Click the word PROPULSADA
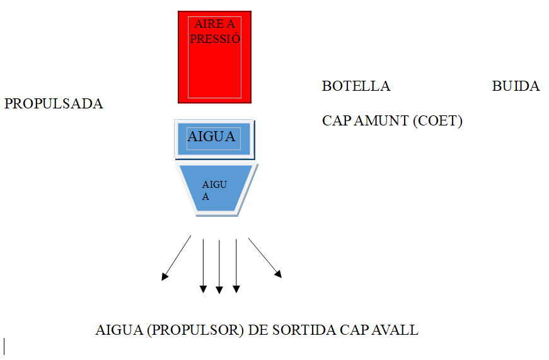coord(54,104)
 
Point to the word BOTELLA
coord(356,86)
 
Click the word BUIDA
coord(516,86)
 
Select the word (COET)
coord(437,121)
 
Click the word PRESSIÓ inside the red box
coord(216,38)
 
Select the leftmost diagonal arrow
coord(177,257)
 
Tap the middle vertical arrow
coord(219,265)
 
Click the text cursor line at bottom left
coord(4,345)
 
